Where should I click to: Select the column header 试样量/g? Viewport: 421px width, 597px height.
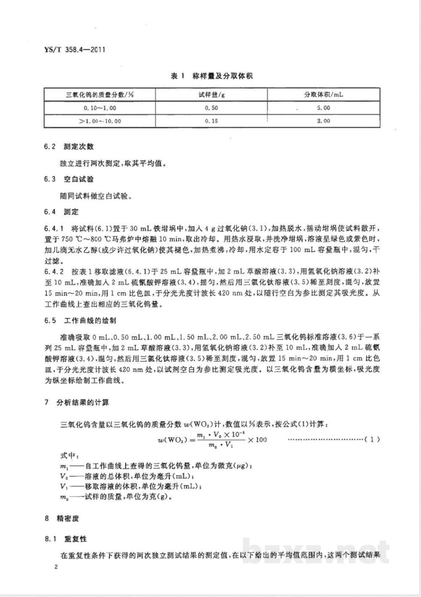point(211,95)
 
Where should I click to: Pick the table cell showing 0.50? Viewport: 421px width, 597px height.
point(211,108)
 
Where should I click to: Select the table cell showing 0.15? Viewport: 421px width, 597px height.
point(211,121)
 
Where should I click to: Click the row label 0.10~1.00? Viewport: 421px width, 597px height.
point(100,108)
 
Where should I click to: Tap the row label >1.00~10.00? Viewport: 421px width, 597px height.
point(100,121)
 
